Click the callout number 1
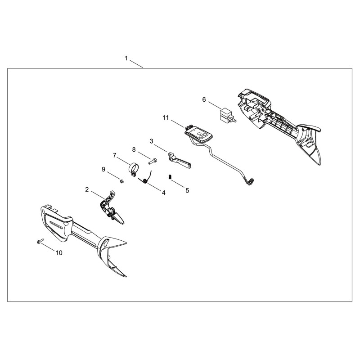coord(126,58)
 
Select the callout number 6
coord(204,99)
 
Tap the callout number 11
coord(166,118)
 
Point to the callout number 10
coord(59,253)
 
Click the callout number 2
coord(87,189)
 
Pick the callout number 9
coord(103,170)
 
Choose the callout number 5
coord(187,190)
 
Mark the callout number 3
coord(151,141)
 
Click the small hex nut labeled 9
coord(122,181)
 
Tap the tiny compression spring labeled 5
coord(170,177)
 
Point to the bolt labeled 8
coord(153,161)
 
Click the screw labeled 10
coord(40,241)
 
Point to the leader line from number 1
coord(137,64)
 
